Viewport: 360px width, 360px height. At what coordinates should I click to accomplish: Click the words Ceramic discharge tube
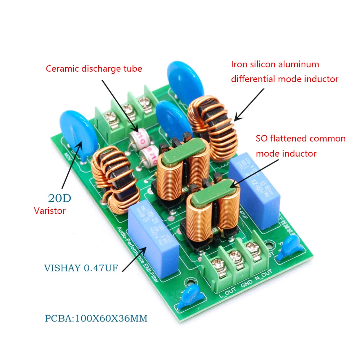tap(94, 68)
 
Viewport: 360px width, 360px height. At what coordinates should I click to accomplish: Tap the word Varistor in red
tap(50, 211)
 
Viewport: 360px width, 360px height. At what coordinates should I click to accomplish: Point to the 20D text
tap(59, 198)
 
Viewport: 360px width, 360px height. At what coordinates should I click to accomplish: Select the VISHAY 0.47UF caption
tap(81, 268)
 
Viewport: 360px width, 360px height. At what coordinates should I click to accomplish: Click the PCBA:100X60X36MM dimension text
tap(96, 319)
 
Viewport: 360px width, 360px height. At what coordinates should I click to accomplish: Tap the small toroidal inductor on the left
tap(113, 178)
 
